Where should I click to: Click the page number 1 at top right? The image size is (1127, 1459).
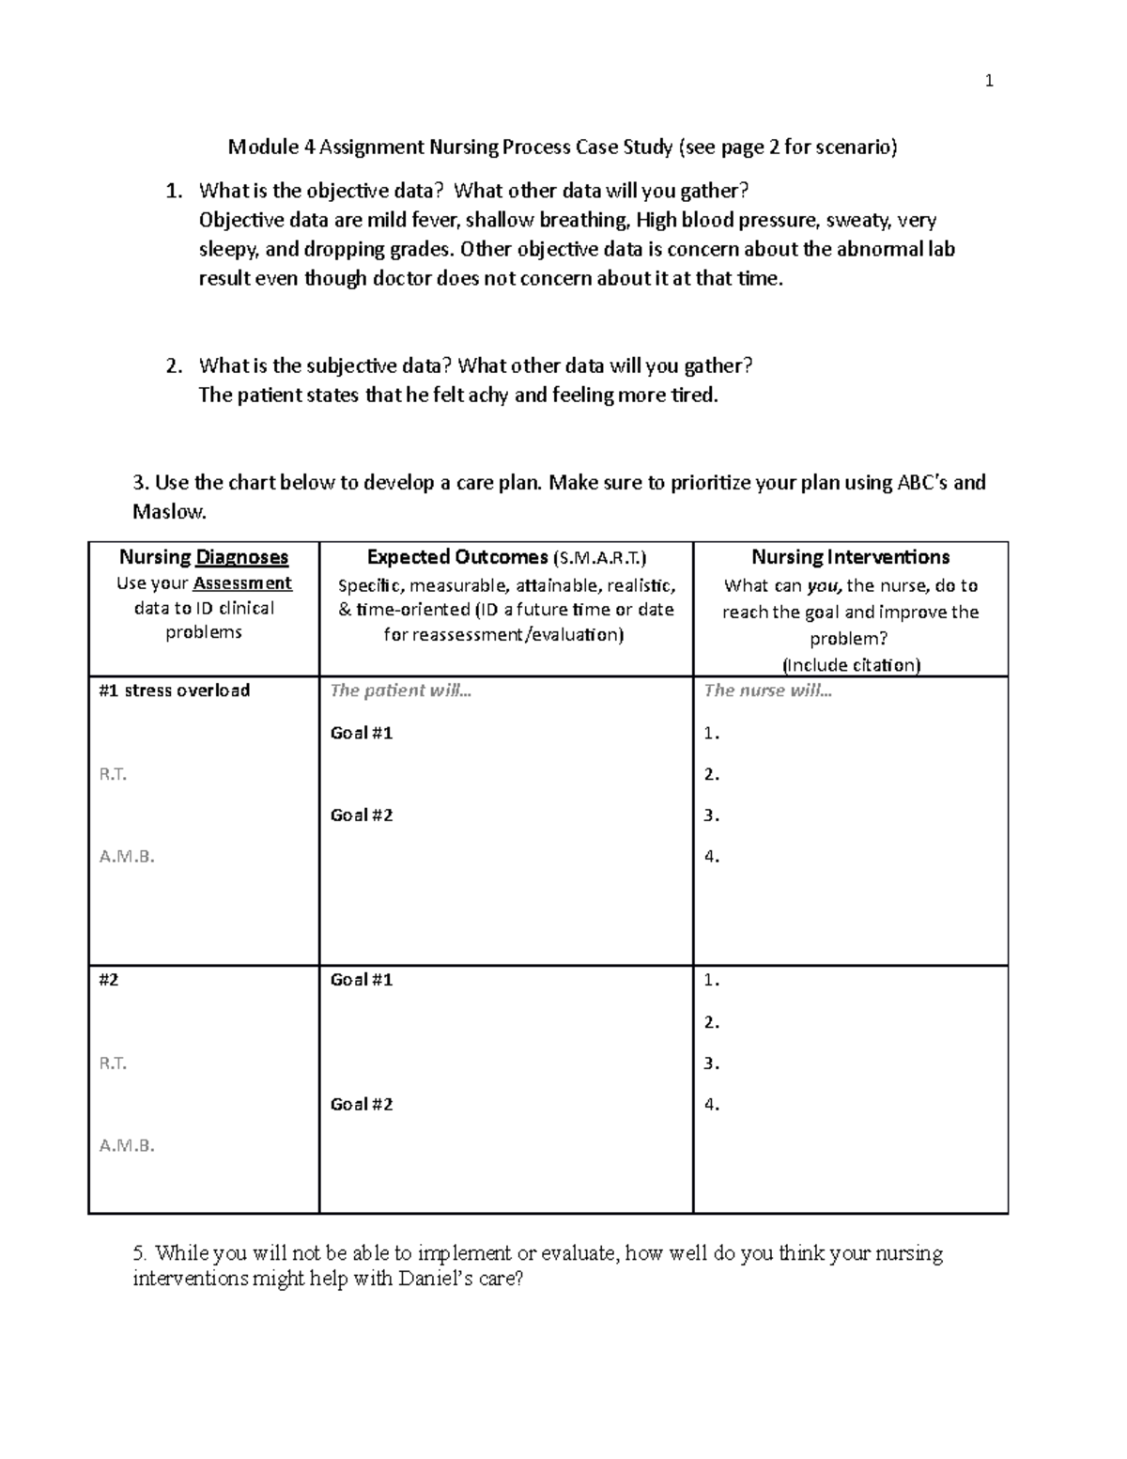tap(988, 82)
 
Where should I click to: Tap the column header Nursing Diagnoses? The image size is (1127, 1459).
tap(204, 557)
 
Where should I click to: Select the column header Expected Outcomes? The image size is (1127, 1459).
tap(455, 557)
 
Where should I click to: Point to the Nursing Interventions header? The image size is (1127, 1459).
tap(850, 557)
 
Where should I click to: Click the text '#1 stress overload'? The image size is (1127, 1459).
tap(175, 691)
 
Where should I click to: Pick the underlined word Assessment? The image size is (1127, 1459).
tap(242, 583)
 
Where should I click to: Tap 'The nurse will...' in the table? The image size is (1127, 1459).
tap(767, 691)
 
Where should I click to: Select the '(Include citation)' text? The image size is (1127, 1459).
tap(851, 665)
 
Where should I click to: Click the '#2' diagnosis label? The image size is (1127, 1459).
tap(109, 980)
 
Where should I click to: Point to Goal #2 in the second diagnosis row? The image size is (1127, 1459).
tap(362, 1105)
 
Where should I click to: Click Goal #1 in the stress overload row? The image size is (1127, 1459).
tap(362, 733)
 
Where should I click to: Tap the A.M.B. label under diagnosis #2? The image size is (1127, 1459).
tap(127, 1145)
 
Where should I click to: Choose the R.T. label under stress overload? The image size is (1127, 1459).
tap(113, 774)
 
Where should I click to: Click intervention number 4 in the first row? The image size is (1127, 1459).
tap(711, 857)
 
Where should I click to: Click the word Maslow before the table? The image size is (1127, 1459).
tap(167, 512)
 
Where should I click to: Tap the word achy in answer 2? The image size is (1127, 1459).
tap(487, 396)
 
